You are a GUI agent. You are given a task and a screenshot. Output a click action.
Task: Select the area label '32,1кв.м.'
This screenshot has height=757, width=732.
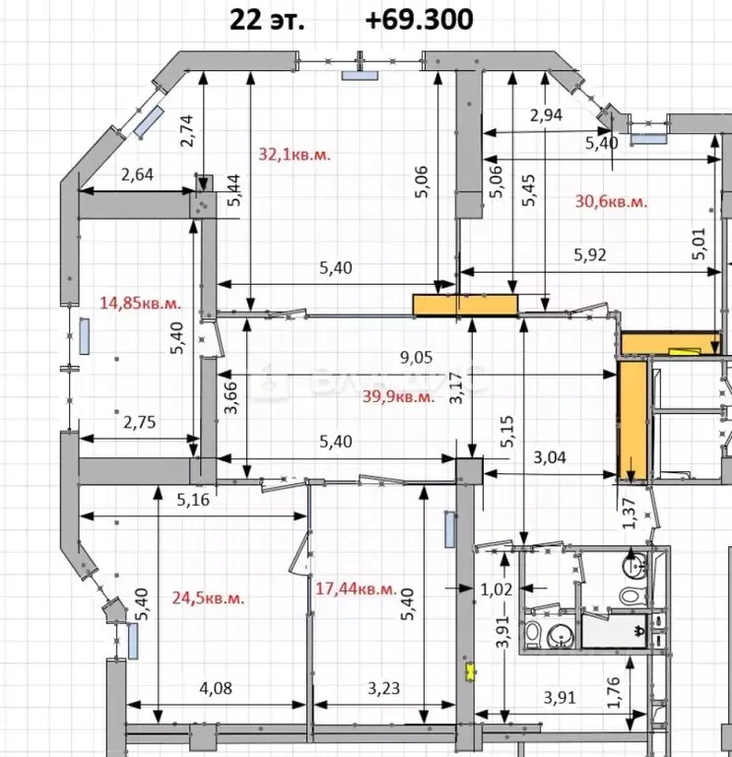pos(296,154)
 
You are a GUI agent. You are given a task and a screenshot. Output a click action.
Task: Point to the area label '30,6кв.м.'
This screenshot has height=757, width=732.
pos(611,201)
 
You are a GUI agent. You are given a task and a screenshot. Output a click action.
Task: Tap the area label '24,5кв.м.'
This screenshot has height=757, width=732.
pos(208,597)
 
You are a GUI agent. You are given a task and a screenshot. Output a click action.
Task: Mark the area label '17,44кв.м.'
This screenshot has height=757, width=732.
pos(356,589)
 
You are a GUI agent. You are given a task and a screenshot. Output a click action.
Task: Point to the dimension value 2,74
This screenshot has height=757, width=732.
pos(187,130)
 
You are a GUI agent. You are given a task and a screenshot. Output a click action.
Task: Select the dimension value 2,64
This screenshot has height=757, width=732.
pos(137,176)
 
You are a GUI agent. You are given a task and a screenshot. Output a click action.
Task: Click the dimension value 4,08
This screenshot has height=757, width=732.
pos(216,689)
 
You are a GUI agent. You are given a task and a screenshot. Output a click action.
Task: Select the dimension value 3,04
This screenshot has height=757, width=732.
pos(550,456)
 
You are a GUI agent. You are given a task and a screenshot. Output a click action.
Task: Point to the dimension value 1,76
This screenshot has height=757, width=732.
pos(614,694)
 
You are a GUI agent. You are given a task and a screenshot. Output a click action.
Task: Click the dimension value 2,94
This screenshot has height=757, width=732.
pos(547,115)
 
